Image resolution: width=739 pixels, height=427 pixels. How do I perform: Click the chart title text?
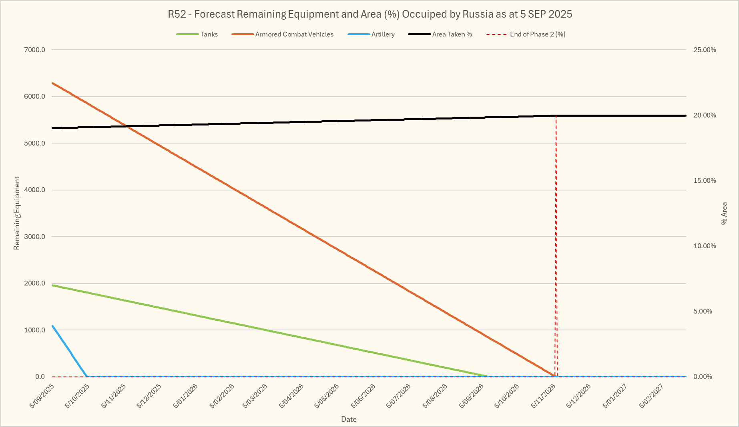pyautogui.click(x=370, y=14)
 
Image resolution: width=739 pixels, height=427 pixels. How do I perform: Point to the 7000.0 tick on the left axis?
pyautogui.click(x=35, y=50)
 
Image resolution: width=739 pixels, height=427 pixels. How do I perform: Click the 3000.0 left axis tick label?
pyautogui.click(x=35, y=237)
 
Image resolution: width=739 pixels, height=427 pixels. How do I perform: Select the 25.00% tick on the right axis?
pyautogui.click(x=705, y=50)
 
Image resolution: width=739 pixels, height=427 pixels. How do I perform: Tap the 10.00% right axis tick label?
pyautogui.click(x=705, y=246)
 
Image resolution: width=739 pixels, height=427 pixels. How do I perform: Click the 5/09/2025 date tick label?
pyautogui.click(x=42, y=396)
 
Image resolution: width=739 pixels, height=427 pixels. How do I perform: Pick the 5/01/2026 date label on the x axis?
pyautogui.click(x=185, y=396)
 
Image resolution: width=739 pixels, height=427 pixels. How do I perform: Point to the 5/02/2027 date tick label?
pyautogui.click(x=651, y=396)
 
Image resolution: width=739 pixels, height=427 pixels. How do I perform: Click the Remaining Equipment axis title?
pyautogui.click(x=17, y=213)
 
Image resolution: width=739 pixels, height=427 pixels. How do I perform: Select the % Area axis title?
pyautogui.click(x=724, y=213)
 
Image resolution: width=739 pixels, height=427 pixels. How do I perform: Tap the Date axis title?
pyautogui.click(x=349, y=419)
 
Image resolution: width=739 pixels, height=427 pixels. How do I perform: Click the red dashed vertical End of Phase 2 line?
pyautogui.click(x=556, y=241)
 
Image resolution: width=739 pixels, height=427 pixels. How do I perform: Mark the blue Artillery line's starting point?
pyautogui.click(x=52, y=326)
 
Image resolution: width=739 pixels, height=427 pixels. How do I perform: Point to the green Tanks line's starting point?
pyautogui.click(x=52, y=285)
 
